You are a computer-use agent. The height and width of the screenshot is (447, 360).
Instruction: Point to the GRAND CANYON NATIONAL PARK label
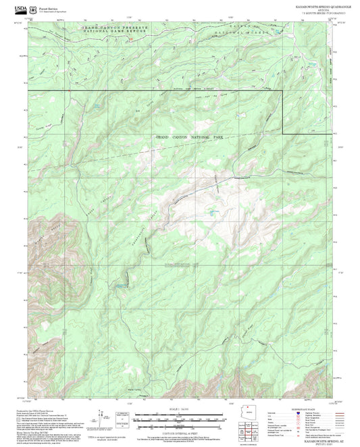click(189, 137)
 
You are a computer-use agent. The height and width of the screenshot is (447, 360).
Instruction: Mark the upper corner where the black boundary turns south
click(282, 90)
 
